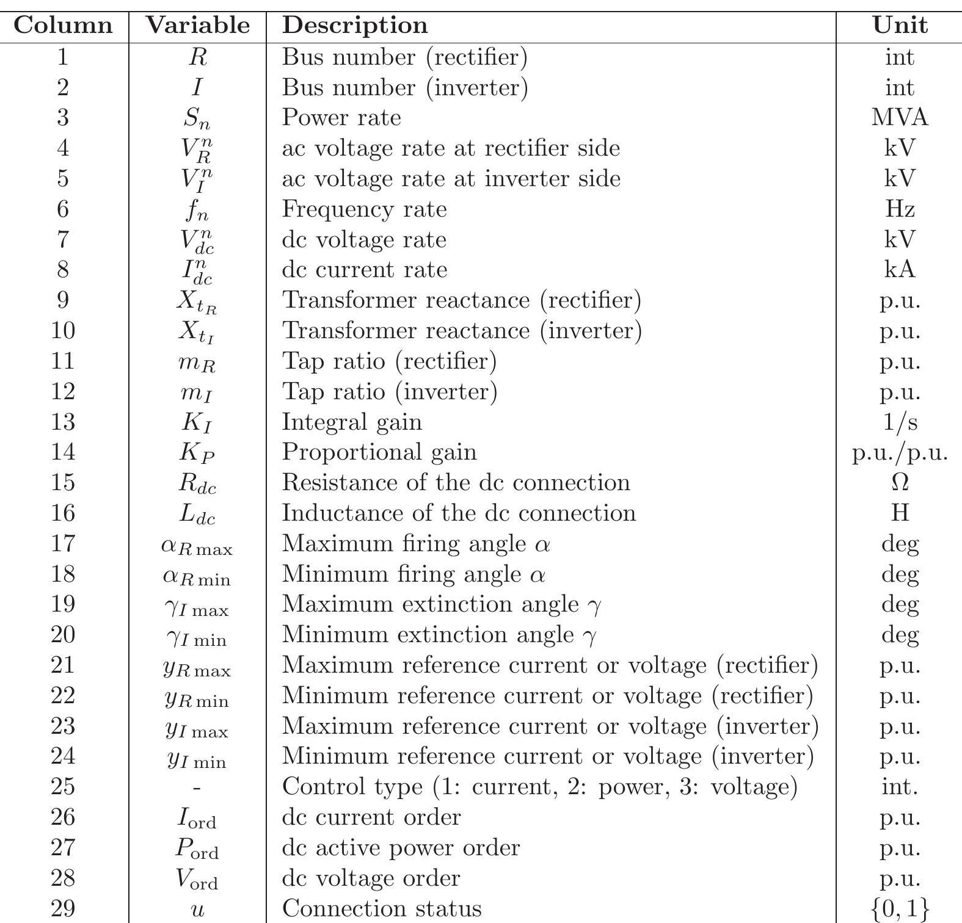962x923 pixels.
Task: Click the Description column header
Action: [x=355, y=26]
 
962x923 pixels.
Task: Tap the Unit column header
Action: [x=900, y=26]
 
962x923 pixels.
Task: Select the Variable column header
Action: [x=197, y=26]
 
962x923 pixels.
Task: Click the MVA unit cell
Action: [x=900, y=117]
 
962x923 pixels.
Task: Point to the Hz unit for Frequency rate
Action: [x=900, y=209]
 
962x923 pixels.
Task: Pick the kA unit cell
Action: [x=900, y=269]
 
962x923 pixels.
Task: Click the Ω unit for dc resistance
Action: [x=900, y=482]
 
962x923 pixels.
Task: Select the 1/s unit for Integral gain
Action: [x=900, y=422]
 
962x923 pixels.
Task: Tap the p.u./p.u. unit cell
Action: [x=900, y=452]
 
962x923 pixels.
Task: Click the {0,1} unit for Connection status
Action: [x=900, y=909]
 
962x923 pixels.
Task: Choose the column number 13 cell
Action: [x=63, y=422]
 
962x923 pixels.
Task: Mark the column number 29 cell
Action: [x=63, y=908]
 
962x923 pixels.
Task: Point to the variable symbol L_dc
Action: [x=197, y=513]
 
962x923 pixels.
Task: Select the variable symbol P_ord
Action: [x=197, y=848]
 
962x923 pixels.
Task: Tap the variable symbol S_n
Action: [x=197, y=118]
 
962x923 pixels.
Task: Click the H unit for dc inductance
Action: [x=900, y=513]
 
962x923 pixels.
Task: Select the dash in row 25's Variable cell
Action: [x=197, y=787]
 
